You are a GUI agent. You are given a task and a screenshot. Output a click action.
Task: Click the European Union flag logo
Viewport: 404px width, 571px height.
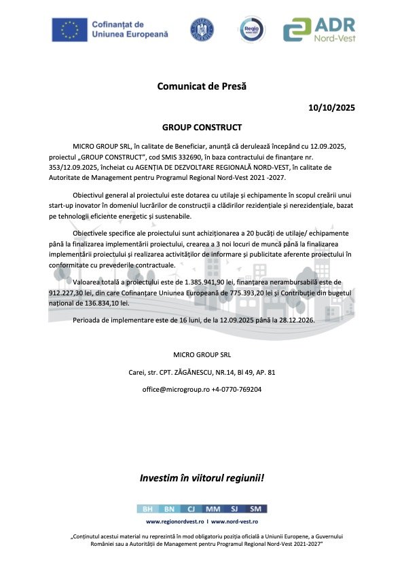69,29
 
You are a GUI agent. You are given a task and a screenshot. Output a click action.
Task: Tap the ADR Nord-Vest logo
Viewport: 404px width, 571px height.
318,29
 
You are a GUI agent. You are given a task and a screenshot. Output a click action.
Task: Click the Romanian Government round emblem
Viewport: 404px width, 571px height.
200,29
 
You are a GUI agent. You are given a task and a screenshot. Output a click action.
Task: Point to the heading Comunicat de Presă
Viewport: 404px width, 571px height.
202,86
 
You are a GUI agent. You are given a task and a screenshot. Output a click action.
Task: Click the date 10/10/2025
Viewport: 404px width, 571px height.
331,107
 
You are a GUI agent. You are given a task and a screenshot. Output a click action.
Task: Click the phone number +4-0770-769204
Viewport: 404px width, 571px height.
236,390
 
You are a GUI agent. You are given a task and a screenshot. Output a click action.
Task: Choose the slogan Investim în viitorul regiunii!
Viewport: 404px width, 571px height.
202,478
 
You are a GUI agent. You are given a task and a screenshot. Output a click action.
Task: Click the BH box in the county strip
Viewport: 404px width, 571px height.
147,509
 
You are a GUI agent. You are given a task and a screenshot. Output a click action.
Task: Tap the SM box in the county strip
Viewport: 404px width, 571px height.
256,509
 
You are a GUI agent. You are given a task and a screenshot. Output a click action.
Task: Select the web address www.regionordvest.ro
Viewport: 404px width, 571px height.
175,521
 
